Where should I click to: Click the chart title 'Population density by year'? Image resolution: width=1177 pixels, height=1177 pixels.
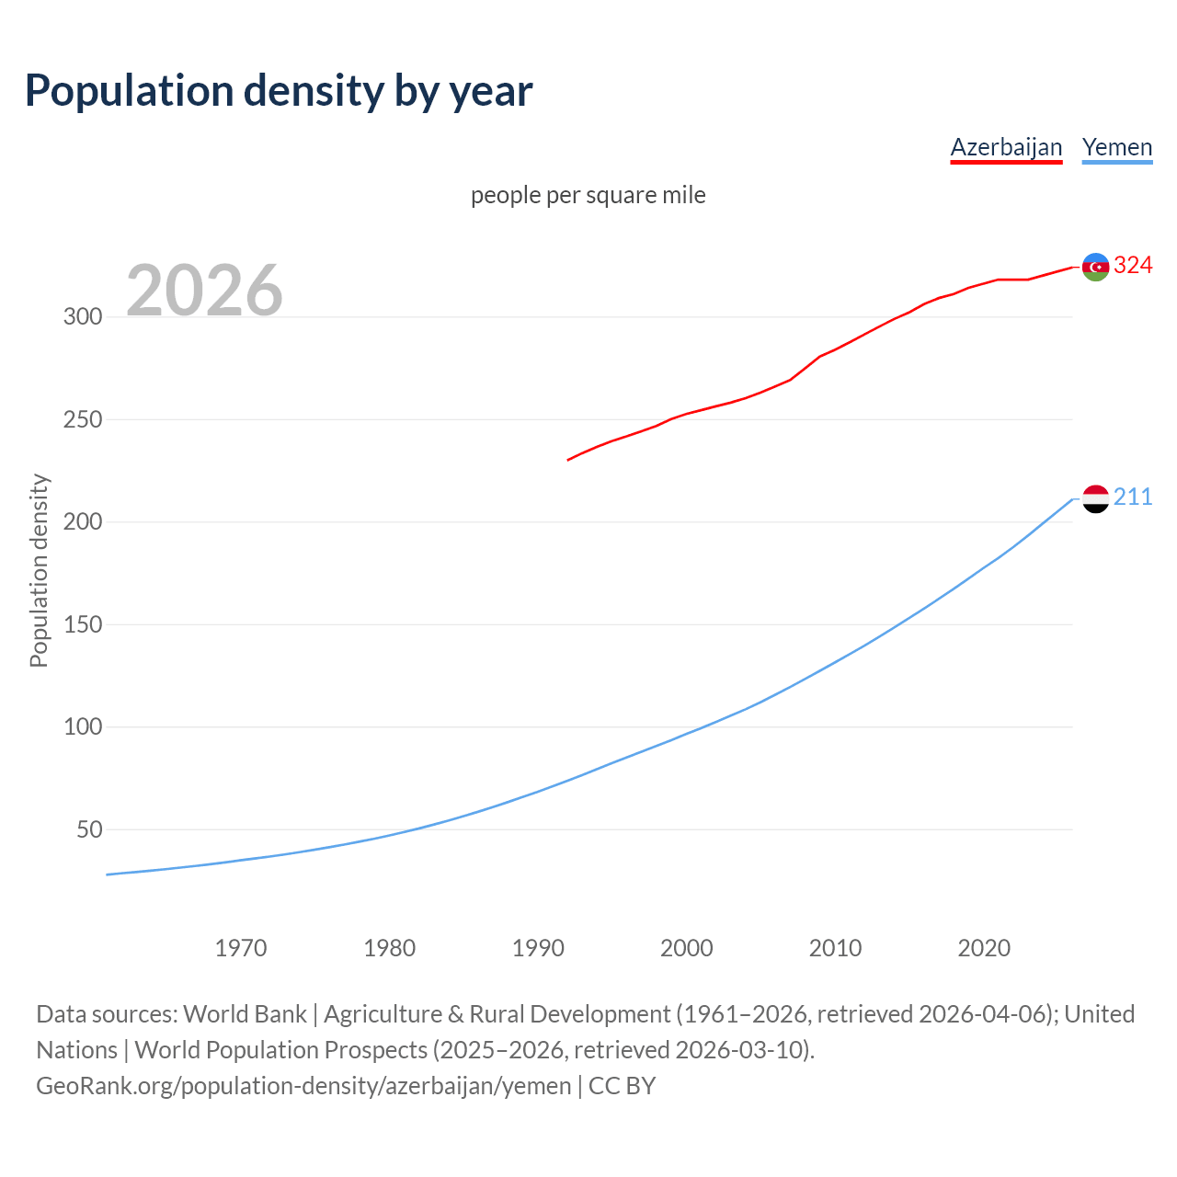coord(279,90)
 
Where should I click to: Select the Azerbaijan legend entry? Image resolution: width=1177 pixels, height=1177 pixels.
coord(1006,147)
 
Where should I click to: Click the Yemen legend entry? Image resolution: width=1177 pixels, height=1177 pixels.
coord(1117,147)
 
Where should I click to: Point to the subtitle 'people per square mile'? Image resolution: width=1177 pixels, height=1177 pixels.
coord(588,195)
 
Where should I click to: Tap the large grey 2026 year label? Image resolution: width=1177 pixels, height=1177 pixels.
coord(204,291)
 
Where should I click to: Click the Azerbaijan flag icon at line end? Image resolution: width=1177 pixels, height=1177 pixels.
coord(1095,267)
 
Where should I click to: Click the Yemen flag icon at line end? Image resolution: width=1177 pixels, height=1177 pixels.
coord(1095,498)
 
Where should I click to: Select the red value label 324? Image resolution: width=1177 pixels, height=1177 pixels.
coord(1133,266)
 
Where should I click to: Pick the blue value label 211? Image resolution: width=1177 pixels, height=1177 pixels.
coord(1133,497)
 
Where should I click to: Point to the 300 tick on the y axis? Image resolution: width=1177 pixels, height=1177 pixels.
coord(83,317)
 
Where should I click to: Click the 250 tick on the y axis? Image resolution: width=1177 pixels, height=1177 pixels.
coord(83,420)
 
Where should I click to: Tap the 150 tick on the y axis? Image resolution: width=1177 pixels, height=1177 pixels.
coord(83,625)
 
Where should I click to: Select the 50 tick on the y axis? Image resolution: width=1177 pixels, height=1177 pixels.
coord(89,830)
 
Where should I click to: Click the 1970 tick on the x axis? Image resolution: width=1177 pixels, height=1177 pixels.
coord(241,948)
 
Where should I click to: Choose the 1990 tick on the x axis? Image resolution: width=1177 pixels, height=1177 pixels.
coord(538,948)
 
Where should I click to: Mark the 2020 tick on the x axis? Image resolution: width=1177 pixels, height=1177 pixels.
coord(984,948)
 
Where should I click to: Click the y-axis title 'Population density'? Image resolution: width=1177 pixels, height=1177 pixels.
coord(39,570)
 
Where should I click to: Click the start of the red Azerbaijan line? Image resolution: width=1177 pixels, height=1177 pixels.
coord(569,460)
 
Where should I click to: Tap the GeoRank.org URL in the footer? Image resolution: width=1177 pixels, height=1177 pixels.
coord(303,1086)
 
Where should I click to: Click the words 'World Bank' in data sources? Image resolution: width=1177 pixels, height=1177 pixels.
coord(245,1014)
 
